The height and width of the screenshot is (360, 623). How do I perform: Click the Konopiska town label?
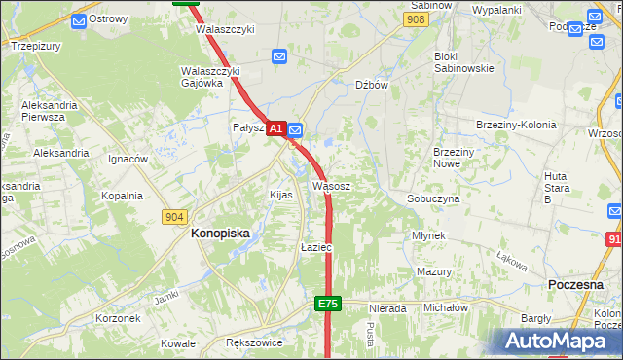(x=220, y=234)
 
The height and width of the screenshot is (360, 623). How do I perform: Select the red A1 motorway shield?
(x=275, y=128)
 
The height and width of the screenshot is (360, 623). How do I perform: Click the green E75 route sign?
(x=327, y=305)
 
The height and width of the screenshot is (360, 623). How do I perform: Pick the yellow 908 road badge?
(x=417, y=18)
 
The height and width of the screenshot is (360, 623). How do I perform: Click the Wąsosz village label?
(x=331, y=185)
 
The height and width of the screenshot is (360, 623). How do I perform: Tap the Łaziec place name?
(x=316, y=248)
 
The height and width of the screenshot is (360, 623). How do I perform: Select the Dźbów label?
(x=372, y=85)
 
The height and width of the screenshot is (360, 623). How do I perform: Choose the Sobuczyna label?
(x=433, y=198)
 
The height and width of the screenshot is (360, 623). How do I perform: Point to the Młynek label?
(x=428, y=236)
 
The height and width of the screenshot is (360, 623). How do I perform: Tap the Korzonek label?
(x=118, y=318)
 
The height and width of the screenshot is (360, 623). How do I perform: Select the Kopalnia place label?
(x=123, y=196)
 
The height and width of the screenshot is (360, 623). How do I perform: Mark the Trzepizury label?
(x=36, y=45)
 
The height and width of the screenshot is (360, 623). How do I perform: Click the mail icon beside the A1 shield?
(x=295, y=128)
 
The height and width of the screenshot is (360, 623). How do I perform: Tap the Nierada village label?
(x=387, y=308)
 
